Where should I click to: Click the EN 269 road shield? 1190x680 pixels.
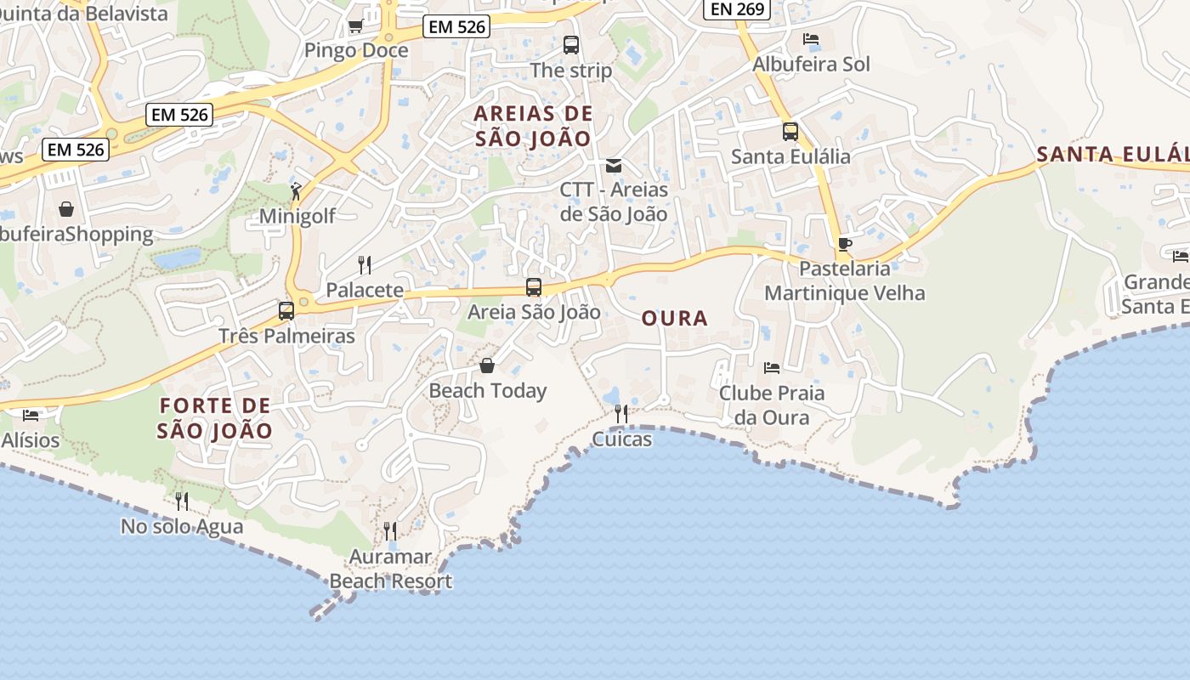pos(738,9)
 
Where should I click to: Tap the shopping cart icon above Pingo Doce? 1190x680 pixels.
pos(355,25)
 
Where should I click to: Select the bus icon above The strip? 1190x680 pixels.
pos(571,45)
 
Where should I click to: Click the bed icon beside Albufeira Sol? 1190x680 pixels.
pos(811,39)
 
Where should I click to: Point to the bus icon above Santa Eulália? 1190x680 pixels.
pos(790,132)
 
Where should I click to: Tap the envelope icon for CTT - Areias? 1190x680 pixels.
pos(614,165)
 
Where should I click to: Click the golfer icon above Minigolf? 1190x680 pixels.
pos(296,191)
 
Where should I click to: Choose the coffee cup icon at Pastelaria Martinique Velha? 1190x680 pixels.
pos(844,245)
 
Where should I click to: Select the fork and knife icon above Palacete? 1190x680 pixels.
pos(365,265)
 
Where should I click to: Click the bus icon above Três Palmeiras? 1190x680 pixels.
pos(286,311)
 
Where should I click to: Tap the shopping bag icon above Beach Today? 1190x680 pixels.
pos(487,365)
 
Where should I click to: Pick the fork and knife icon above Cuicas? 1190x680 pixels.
pos(621,414)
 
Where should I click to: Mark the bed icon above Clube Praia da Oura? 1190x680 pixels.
pos(772,368)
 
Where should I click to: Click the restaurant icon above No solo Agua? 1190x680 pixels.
pos(181,501)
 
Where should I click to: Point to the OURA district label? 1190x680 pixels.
pos(674,319)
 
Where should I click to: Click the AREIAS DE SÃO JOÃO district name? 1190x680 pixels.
pos(533,126)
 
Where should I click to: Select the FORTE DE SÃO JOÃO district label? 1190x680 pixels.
pos(215,417)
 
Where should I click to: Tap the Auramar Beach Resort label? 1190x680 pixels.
pos(391,569)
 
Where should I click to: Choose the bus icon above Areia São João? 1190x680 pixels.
pos(534,287)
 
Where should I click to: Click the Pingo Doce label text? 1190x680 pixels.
pos(356,50)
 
